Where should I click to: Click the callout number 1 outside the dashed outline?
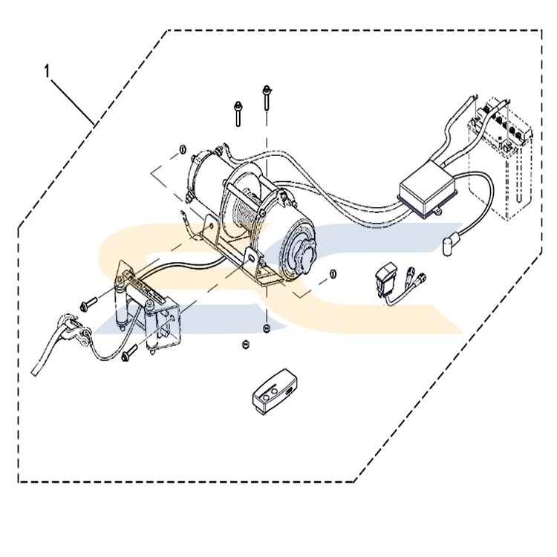[48, 72]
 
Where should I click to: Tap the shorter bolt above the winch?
[236, 113]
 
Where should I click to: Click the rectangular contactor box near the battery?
[429, 189]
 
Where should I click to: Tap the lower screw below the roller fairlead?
[128, 354]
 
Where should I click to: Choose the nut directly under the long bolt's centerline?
[266, 327]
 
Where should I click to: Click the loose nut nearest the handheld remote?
[245, 343]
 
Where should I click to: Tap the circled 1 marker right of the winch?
[332, 273]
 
